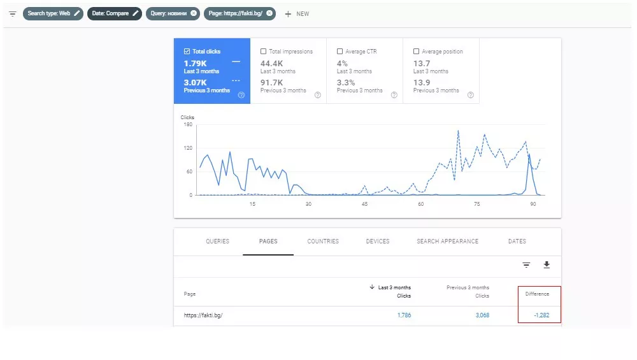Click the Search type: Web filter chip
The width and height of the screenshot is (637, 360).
[53, 13]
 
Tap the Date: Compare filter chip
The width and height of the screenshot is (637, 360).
[115, 13]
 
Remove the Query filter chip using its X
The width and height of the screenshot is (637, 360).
[194, 13]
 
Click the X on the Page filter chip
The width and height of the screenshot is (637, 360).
[269, 13]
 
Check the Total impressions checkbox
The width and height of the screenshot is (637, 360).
[263, 52]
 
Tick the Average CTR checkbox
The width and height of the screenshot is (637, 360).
[340, 52]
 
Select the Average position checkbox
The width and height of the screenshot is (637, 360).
[416, 52]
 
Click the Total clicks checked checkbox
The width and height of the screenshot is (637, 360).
[187, 52]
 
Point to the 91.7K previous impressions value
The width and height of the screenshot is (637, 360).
[271, 83]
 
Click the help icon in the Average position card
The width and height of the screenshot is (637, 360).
[471, 95]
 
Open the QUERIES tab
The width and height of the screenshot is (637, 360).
[217, 241]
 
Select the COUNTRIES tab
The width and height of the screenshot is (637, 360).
[323, 241]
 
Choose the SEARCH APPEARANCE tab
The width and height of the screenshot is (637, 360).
[447, 241]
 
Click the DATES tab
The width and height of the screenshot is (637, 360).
[517, 241]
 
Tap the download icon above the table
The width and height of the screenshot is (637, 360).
[547, 265]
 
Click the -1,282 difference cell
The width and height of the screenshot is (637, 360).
[541, 315]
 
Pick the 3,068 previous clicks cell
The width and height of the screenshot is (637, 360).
[482, 315]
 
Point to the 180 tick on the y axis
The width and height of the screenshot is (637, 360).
[188, 125]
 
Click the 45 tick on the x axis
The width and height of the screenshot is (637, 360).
[364, 204]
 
